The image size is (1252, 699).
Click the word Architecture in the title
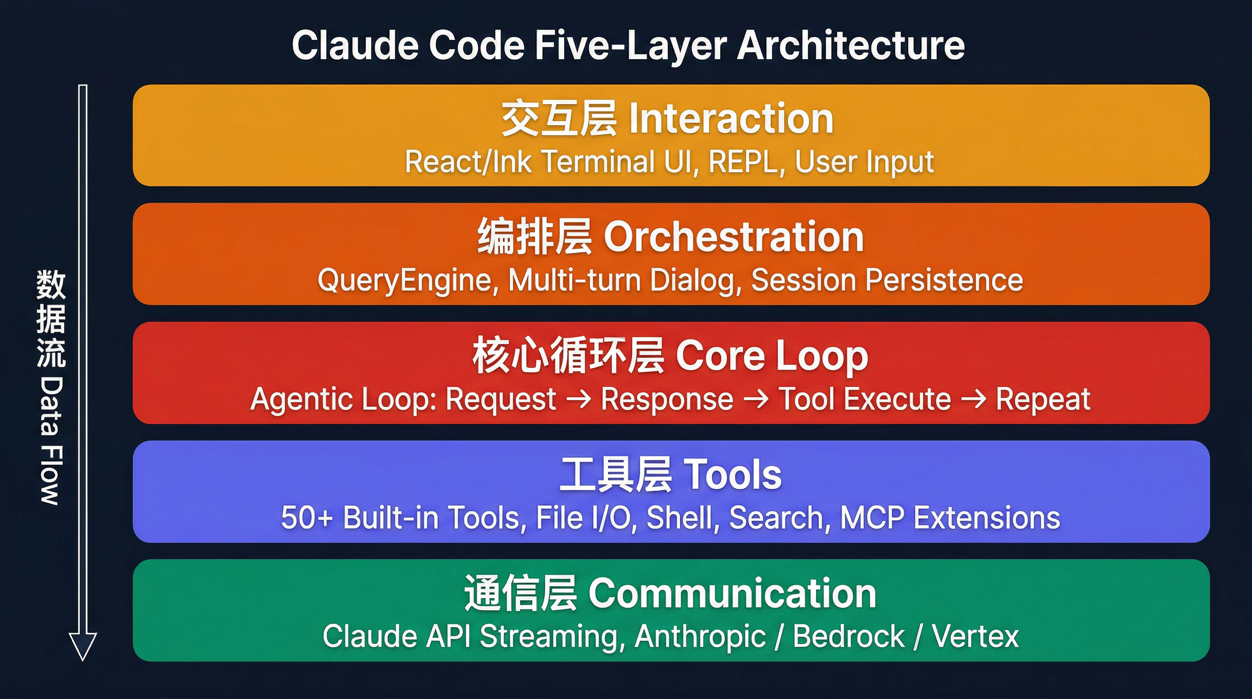point(851,45)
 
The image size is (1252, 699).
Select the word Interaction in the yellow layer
point(731,119)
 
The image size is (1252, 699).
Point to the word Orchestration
point(733,238)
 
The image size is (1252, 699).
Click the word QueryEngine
point(408,281)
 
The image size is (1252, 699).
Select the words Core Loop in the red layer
point(772,356)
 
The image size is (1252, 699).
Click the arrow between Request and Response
point(579,400)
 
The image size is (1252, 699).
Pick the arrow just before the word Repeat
point(974,400)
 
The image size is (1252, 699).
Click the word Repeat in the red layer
point(1043,400)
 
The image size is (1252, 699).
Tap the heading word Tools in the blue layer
point(733,475)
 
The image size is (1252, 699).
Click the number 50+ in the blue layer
point(307,518)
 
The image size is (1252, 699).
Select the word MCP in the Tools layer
point(873,518)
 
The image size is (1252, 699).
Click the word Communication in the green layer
point(732,594)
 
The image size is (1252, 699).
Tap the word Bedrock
point(848,636)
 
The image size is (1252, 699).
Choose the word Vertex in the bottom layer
point(975,636)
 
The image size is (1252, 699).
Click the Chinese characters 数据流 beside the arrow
point(50,319)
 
